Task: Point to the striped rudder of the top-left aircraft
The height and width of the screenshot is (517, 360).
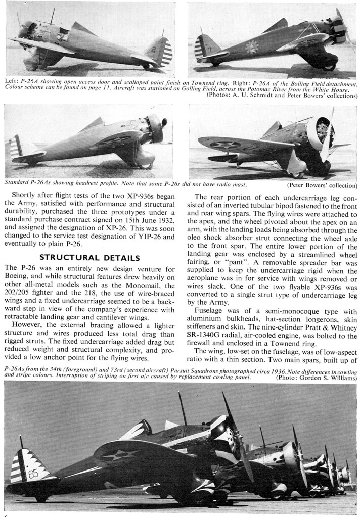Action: coord(164,51)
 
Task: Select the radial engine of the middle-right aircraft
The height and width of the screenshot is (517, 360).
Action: coord(322,132)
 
